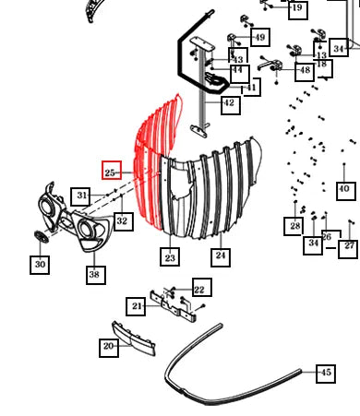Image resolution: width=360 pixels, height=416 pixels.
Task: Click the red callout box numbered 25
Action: [112, 170]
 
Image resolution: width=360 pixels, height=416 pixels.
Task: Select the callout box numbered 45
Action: [326, 374]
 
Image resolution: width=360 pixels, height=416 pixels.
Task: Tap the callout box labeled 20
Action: [109, 348]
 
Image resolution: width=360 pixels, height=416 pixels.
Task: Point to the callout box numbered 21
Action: [136, 306]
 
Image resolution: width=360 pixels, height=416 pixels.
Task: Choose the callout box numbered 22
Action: [202, 287]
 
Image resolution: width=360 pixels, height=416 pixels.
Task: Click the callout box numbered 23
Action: [170, 256]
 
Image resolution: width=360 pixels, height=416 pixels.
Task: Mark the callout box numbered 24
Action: [221, 257]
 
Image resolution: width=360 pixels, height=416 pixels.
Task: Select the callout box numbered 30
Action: [40, 265]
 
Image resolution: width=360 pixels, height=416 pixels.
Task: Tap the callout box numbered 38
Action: [96, 275]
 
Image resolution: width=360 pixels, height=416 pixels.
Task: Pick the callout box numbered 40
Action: [346, 191]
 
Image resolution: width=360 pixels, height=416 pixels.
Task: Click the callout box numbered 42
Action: [231, 105]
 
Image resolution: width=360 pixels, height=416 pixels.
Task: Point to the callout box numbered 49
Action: [260, 37]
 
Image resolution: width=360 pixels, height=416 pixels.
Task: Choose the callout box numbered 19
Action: [298, 10]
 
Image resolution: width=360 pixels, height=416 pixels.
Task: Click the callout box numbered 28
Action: [294, 226]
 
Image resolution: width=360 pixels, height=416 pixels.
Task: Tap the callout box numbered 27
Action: [348, 249]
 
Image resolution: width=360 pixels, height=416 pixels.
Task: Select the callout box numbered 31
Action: [80, 196]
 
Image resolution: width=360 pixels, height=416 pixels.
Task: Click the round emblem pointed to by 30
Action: [41, 237]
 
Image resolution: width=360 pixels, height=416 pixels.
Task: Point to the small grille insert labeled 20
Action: [134, 339]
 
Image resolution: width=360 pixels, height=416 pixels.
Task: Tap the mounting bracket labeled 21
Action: [173, 306]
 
